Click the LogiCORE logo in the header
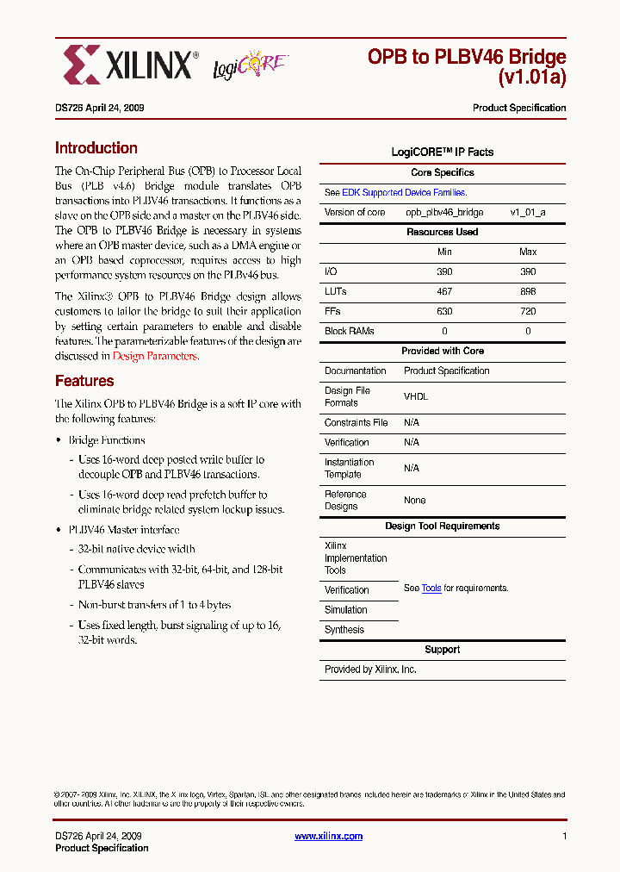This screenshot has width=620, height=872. [250, 66]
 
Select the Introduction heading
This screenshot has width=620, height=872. [96, 148]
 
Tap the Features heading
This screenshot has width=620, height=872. [84, 381]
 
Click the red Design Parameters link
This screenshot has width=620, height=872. [155, 356]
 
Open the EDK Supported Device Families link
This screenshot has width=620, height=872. [404, 193]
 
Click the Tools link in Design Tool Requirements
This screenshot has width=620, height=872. [431, 589]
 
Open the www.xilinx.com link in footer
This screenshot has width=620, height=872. [328, 836]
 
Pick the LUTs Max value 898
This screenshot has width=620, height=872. [528, 292]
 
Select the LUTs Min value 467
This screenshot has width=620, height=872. [444, 292]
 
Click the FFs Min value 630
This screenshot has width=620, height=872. [444, 312]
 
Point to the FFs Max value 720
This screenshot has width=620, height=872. [528, 312]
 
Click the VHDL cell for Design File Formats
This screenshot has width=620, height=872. [416, 397]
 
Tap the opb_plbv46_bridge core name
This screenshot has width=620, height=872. [444, 213]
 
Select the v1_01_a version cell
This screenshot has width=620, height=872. [528, 213]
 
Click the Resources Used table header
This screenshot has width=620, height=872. [443, 233]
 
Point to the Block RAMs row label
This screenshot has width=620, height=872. [350, 332]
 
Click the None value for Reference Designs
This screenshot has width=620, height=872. [415, 501]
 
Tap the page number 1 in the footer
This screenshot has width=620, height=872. [564, 836]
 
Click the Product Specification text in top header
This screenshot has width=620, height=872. [519, 109]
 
